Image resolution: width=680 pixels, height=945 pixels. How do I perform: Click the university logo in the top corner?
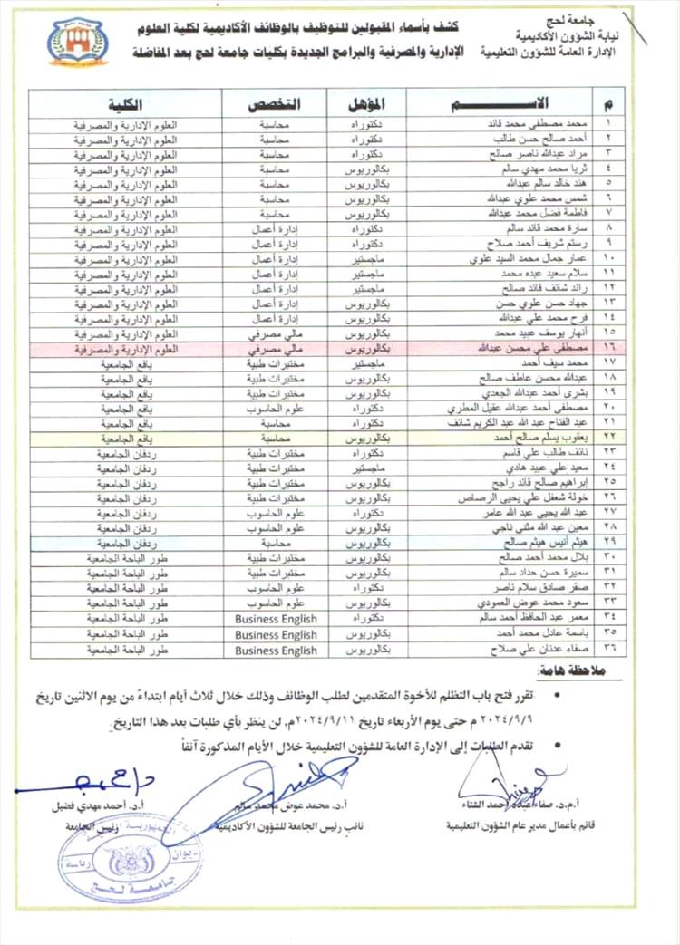pos(78,42)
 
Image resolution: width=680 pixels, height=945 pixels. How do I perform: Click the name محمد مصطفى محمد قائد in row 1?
pos(536,122)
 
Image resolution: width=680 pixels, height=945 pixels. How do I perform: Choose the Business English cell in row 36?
pos(275,651)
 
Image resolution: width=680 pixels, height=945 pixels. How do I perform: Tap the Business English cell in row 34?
pos(275,620)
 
